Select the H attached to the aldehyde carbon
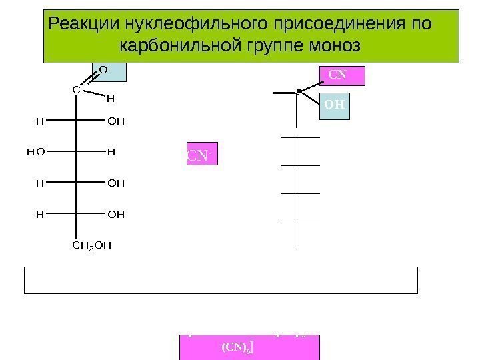tap(111, 99)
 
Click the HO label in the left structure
tap(33, 152)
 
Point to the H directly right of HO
tap(111, 152)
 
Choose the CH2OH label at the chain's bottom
tap(91, 245)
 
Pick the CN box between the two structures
tap(198, 157)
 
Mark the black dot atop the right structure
tap(300, 89)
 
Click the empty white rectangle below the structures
tap(221, 280)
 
